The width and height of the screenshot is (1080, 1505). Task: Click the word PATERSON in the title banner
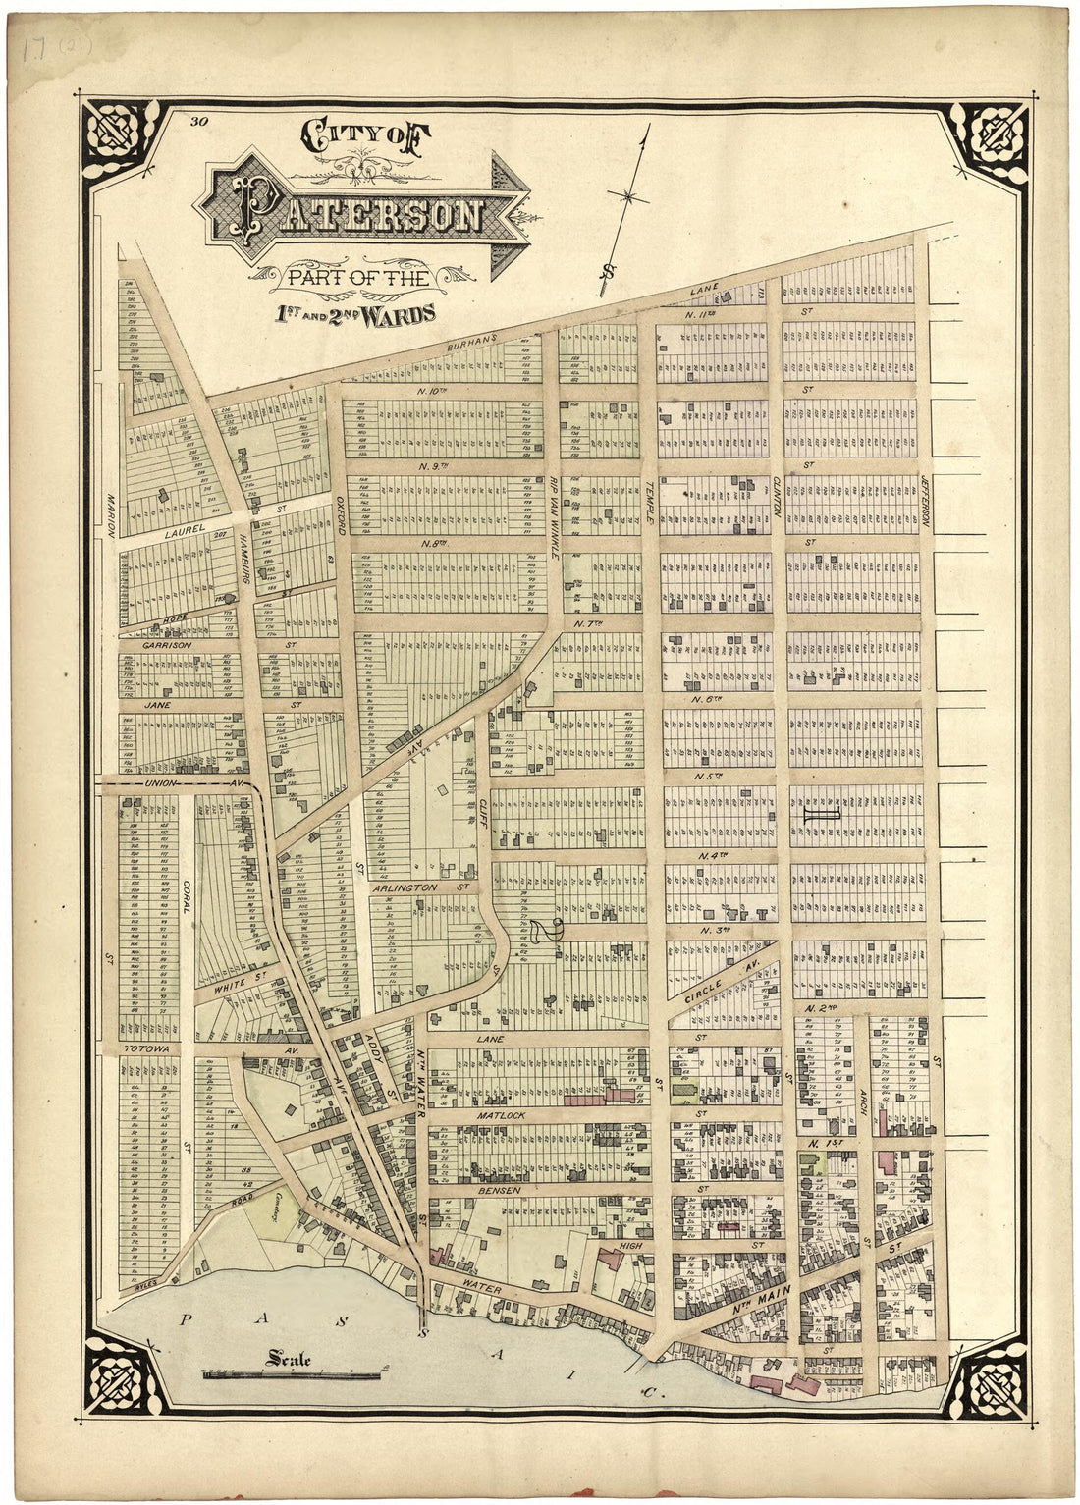(357, 214)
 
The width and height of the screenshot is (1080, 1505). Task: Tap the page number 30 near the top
(200, 122)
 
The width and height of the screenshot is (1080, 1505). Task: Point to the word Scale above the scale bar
(288, 1360)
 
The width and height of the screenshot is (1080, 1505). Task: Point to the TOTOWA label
(147, 1049)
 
